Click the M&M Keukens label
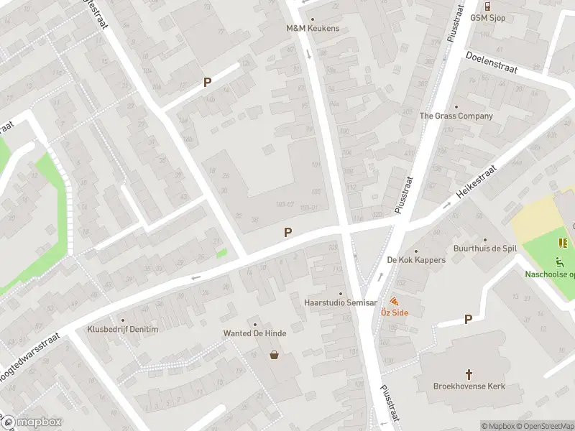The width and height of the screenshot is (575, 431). (313, 29)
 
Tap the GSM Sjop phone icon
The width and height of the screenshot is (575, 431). (487, 6)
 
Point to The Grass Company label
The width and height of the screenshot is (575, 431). (456, 116)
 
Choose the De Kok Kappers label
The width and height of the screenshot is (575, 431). (416, 260)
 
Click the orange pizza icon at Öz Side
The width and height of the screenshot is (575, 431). (394, 301)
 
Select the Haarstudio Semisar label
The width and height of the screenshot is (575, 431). (341, 303)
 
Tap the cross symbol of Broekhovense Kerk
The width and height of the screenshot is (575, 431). (469, 374)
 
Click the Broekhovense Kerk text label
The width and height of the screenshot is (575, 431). (469, 386)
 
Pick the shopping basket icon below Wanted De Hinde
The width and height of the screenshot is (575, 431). (274, 354)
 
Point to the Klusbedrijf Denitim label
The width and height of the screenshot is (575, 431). (121, 329)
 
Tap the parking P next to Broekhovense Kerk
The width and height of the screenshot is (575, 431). (469, 319)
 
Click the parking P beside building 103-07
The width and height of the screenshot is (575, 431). (287, 232)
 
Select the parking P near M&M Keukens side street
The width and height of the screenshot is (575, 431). (207, 83)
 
